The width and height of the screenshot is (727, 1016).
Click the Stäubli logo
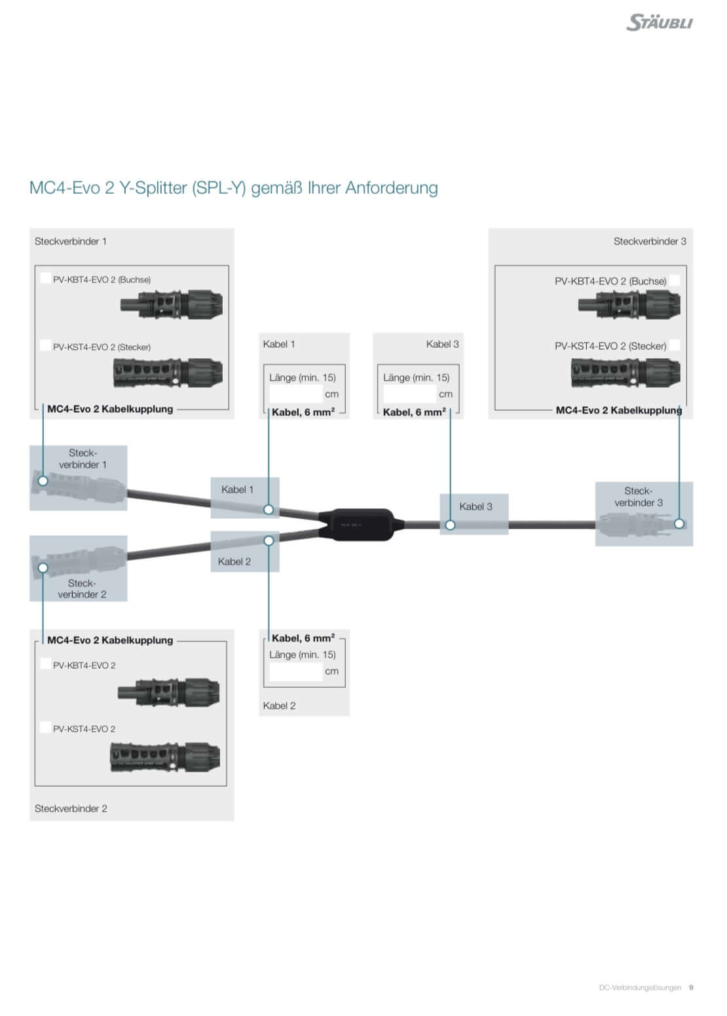click(659, 22)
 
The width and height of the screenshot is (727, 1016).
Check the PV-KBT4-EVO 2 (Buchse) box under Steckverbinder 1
click(45, 278)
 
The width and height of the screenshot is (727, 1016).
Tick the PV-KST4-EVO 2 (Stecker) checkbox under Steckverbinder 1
click(45, 345)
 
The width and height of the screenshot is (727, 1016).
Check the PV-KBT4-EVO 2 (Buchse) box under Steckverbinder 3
click(674, 280)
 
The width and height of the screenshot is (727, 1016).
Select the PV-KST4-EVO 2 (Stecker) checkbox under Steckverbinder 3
click(674, 345)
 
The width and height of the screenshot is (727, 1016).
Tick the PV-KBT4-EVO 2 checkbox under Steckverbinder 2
click(45, 664)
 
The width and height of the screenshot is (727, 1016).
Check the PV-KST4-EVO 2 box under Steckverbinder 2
click(45, 727)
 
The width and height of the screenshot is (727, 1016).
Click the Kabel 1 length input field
click(296, 394)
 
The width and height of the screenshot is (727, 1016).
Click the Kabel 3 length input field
click(409, 394)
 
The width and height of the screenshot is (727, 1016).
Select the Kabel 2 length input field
click(296, 671)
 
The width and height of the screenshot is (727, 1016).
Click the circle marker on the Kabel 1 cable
click(269, 509)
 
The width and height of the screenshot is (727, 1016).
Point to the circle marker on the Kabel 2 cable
click(269, 540)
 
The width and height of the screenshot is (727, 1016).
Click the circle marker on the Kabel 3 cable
click(450, 525)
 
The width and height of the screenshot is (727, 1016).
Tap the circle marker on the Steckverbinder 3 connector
click(679, 523)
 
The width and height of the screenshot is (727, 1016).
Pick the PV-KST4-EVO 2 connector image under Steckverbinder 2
click(164, 757)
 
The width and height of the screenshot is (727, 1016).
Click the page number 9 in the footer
click(691, 987)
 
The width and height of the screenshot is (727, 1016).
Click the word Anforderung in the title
click(392, 188)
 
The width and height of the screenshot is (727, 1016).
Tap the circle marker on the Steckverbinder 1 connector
click(43, 481)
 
